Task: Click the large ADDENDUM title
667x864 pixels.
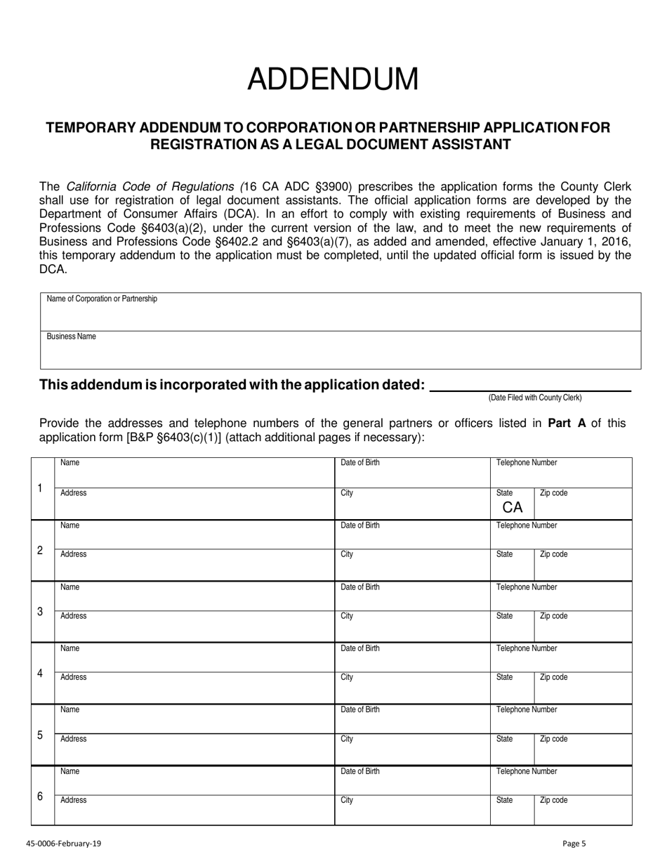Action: [x=333, y=79]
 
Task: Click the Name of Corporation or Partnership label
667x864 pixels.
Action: [x=102, y=299]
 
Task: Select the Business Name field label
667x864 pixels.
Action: [x=72, y=337]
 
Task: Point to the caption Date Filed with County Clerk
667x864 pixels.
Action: [x=535, y=398]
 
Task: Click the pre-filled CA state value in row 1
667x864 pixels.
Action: [x=513, y=507]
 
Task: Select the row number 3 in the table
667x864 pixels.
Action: [x=40, y=612]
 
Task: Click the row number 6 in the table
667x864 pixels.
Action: [x=40, y=797]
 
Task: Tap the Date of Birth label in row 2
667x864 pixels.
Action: [x=360, y=525]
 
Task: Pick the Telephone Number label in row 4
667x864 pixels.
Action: [x=527, y=648]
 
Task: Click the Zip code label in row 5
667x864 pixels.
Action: [x=553, y=739]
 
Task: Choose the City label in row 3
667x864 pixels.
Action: [x=347, y=616]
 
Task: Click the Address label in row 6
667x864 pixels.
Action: [x=74, y=800]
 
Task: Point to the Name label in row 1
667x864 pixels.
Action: [x=70, y=463]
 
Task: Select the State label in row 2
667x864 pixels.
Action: [x=504, y=554]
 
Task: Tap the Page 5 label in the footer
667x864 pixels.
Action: [x=574, y=844]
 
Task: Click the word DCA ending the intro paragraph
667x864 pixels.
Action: [x=53, y=268]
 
